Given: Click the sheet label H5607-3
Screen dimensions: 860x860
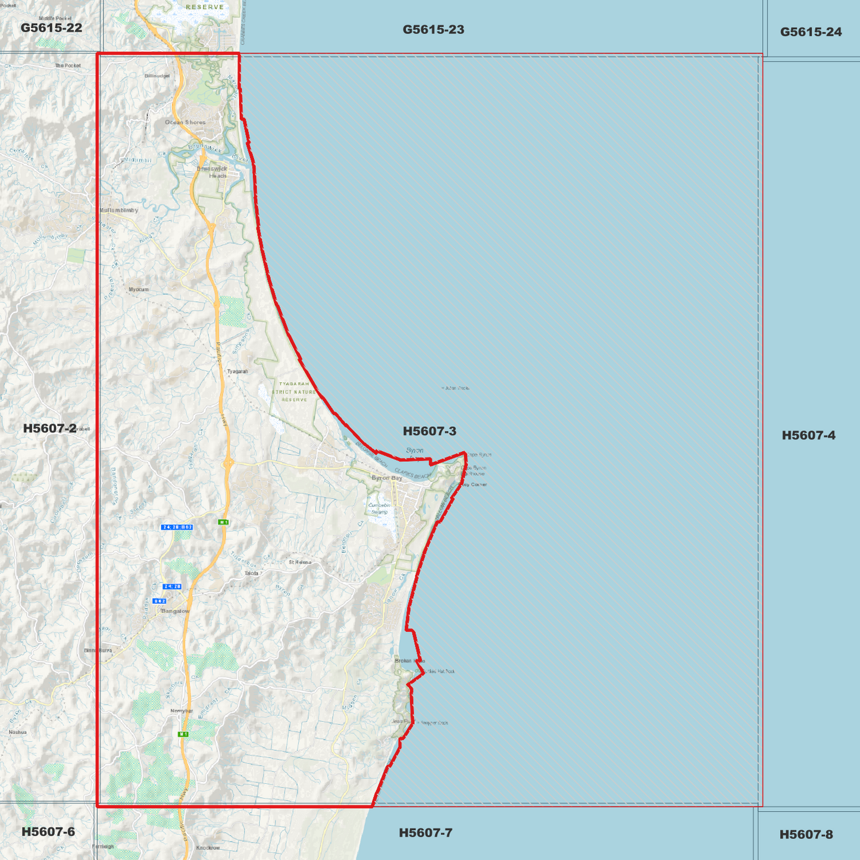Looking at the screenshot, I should point(429,431).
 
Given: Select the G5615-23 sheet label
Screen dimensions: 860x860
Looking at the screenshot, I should point(433,29).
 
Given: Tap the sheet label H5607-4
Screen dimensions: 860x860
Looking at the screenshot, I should point(808,435).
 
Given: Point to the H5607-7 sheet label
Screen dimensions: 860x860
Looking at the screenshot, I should point(426,833).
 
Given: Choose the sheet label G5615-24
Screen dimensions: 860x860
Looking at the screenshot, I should point(811,32).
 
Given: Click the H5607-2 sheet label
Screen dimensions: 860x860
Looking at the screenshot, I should point(49,428).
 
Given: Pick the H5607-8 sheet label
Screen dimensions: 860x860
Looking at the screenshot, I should point(806,834).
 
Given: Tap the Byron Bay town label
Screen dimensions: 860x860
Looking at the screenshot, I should point(387,478).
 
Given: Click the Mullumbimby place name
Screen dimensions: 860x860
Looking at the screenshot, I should point(119,210).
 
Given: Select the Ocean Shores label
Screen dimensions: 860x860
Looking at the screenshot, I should point(185,123).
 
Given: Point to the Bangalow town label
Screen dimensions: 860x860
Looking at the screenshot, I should point(176,611).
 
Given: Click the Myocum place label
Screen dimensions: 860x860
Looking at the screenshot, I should point(139,289).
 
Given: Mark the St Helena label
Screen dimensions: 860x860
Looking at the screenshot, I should point(300,562).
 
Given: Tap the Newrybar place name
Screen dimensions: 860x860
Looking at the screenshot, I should point(182,711).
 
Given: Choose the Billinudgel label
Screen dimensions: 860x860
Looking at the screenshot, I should point(157,76).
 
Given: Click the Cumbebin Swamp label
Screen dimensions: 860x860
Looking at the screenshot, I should point(380,508).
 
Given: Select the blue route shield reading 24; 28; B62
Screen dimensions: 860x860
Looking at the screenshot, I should point(177,527).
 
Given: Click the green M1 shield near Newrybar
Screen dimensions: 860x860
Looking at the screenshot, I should point(183,734).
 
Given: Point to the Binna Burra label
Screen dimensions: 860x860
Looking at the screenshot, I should point(98,651).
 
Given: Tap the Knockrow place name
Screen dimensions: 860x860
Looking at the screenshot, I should point(208,848).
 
